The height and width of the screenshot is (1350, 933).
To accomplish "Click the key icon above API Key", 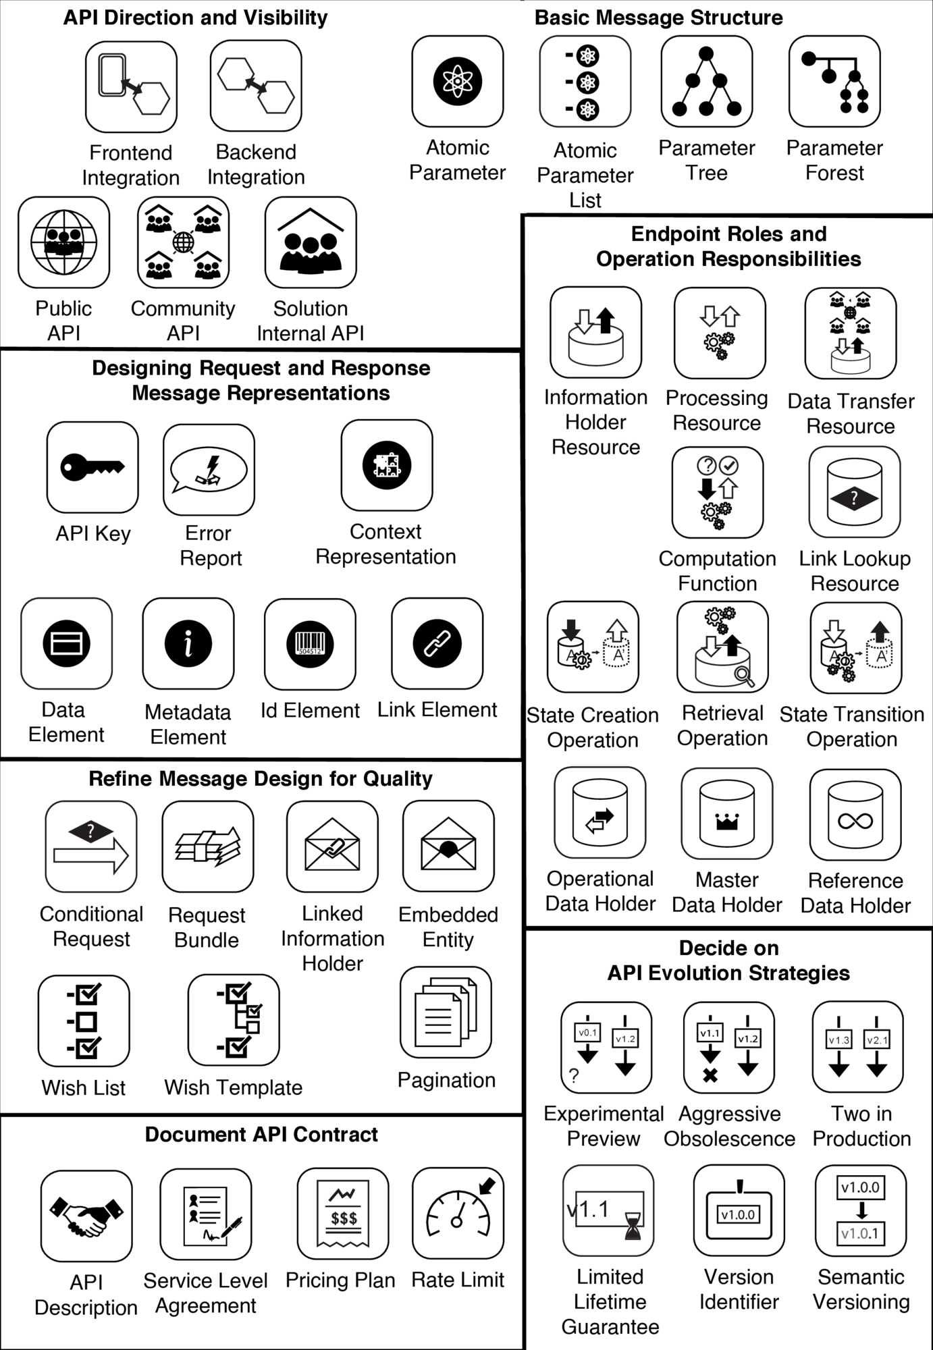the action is point(92,466).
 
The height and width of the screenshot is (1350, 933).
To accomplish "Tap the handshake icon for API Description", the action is point(86,1216).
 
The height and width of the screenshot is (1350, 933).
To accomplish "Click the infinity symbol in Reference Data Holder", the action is point(855,821).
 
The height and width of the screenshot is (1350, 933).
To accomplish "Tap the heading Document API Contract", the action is point(261,1135).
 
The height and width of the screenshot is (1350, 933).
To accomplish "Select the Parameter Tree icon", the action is point(707,82).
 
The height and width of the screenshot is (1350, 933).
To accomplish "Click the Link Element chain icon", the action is point(437,643).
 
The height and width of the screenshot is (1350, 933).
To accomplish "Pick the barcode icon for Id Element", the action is point(310,643).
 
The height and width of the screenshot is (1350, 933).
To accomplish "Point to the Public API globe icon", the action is point(64,242).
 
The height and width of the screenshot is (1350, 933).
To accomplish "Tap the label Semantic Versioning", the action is point(861,1289).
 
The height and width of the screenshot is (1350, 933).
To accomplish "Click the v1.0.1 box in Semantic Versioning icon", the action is point(861,1234).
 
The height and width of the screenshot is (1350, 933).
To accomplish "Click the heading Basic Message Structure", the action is point(659,18).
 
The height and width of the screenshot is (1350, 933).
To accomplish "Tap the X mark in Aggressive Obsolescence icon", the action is point(710,1076).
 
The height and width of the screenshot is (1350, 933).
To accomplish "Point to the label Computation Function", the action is point(718,571).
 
